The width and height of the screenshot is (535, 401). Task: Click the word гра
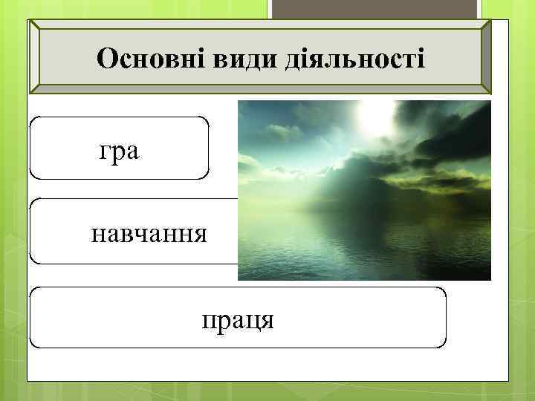[120, 151]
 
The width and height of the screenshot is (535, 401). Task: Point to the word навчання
[149, 234]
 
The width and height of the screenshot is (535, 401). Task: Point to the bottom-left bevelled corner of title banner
[35, 88]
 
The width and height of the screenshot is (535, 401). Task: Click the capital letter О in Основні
[106, 57]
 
